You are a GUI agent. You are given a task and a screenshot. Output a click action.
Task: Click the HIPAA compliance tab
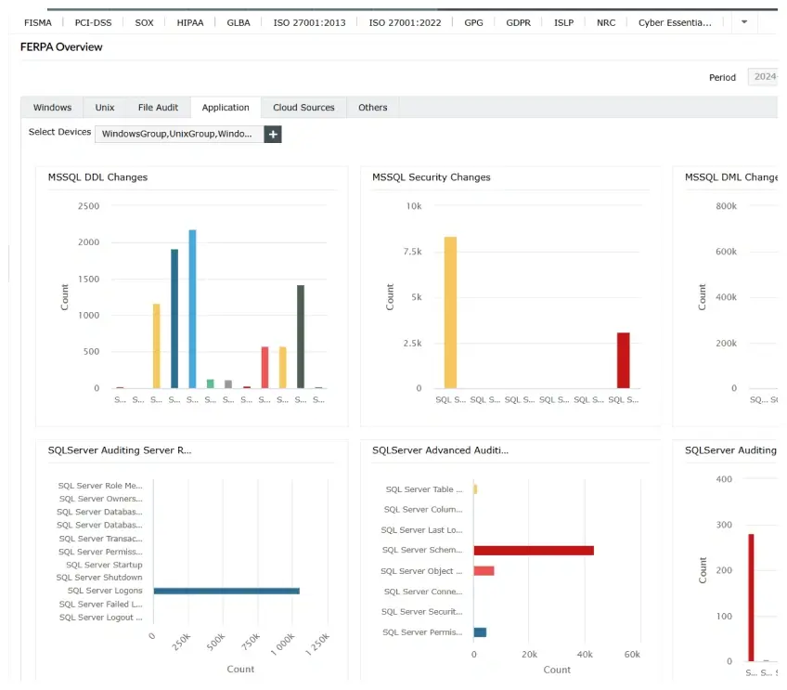[x=190, y=22]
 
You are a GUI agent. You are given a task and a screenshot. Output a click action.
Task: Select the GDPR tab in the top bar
[x=519, y=22]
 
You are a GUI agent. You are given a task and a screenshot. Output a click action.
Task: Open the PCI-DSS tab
[x=93, y=22]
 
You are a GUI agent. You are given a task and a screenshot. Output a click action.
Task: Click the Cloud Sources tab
[x=303, y=108]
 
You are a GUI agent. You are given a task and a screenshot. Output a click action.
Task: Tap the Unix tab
[x=105, y=108]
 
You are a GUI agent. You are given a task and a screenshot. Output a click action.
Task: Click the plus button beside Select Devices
[x=273, y=134]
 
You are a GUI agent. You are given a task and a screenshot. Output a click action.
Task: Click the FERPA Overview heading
[x=61, y=46]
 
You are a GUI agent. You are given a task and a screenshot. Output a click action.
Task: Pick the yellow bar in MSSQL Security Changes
[x=450, y=312]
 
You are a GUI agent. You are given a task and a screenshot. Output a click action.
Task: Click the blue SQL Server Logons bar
[x=226, y=591]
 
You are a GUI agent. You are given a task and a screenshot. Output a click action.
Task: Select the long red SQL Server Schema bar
[x=534, y=551]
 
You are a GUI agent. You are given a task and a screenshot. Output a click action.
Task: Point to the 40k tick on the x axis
[x=584, y=654]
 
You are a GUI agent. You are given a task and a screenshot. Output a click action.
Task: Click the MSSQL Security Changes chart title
[x=431, y=177]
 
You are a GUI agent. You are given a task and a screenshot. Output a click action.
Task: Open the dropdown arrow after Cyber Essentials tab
[x=743, y=22]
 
